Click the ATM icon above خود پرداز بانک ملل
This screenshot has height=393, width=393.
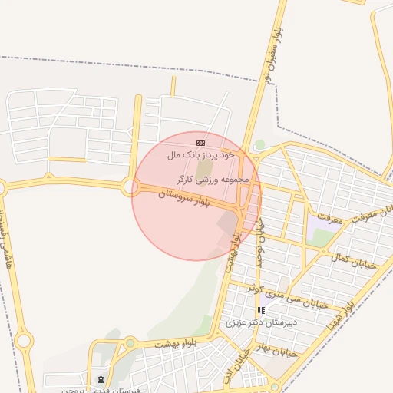click(201, 143)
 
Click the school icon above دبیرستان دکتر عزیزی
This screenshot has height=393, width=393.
click(262, 311)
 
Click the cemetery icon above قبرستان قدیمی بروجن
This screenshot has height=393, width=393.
click(102, 379)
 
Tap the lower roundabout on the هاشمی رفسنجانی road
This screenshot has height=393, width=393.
click(24, 340)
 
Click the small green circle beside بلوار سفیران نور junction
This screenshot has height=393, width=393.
click(259, 144)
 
